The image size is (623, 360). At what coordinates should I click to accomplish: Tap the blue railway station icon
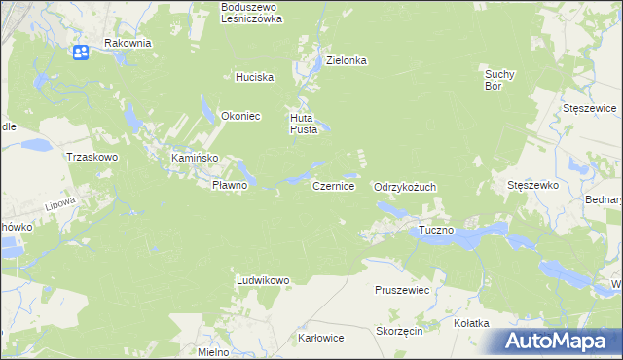[x=82, y=52]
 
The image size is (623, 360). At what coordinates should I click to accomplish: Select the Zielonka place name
[x=346, y=60]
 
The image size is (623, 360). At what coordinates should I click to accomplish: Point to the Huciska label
[x=254, y=77]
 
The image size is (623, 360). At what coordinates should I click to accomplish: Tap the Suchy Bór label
[x=499, y=79]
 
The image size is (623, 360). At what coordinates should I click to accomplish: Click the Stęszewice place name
[x=591, y=108]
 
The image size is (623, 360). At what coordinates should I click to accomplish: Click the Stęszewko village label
[x=531, y=184]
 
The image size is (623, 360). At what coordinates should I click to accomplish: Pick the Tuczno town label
[x=436, y=231]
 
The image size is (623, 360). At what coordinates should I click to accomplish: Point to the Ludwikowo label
[x=263, y=280]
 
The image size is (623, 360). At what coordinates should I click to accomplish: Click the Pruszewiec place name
[x=402, y=290]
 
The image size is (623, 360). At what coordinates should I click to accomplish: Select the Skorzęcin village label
[x=398, y=332]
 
